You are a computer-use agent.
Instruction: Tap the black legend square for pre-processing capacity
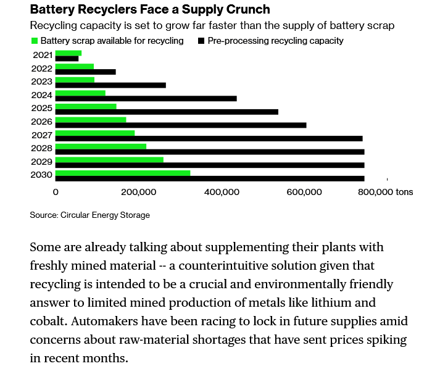[201, 41]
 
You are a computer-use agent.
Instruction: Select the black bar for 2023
[110, 85]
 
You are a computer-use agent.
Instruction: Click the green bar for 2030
[123, 173]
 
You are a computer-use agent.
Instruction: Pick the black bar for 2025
[167, 112]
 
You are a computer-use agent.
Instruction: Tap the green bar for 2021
[68, 53]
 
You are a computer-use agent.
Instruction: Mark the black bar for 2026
[181, 125]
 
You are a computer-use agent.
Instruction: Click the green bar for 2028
[101, 146]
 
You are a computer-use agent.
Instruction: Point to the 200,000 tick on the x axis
[138, 192]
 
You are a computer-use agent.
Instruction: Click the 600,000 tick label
[305, 192]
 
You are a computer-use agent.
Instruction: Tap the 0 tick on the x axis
[56, 192]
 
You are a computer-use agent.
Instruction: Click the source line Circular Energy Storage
[89, 215]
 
